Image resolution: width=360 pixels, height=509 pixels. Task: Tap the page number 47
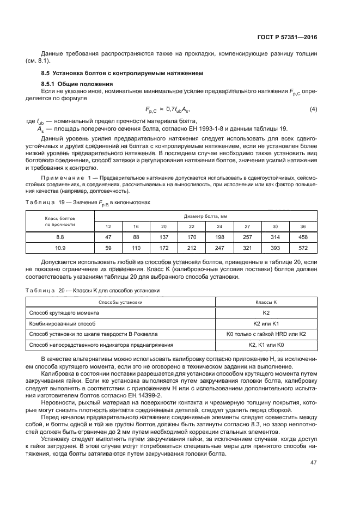pyautogui.click(x=313, y=462)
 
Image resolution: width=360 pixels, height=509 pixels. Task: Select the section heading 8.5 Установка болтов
pyautogui.click(x=123, y=72)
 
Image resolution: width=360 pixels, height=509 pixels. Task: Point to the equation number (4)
pyautogui.click(x=313, y=109)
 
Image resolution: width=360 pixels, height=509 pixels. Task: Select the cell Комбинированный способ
pyautogui.click(x=61, y=323)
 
